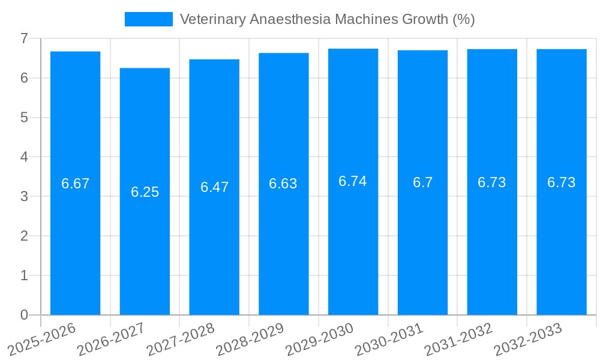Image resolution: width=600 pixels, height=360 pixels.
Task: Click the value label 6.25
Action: [x=145, y=192]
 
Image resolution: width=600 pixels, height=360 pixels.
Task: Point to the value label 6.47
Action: [x=214, y=187]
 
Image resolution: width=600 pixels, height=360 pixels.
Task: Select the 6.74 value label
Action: [x=353, y=181]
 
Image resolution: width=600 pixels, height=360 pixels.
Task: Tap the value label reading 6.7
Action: [x=422, y=183]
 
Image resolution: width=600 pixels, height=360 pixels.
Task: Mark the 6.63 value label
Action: [x=283, y=184]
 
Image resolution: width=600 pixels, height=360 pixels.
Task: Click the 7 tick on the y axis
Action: [x=24, y=38]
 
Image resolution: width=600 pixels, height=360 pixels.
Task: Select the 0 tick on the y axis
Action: [x=24, y=315]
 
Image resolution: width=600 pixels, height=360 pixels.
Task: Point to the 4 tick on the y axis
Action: [x=24, y=157]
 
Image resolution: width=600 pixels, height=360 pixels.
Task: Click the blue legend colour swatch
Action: [x=148, y=19]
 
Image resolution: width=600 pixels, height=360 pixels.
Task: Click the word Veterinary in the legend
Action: [x=212, y=19]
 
